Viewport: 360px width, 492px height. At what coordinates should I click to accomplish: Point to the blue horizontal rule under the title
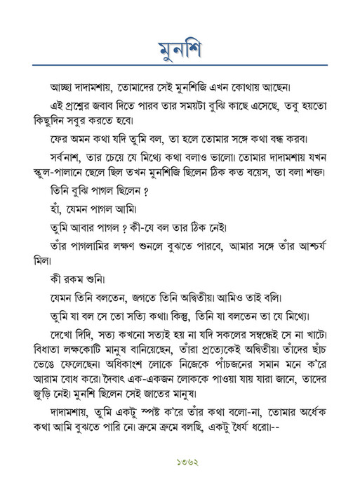click(180, 66)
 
